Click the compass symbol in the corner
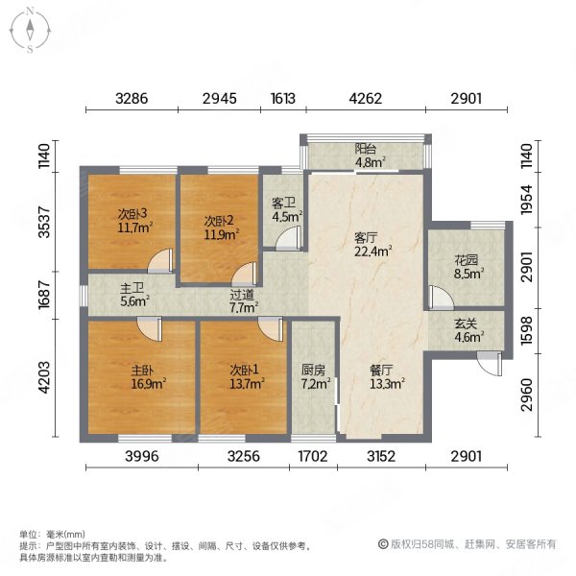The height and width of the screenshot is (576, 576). coord(31,29)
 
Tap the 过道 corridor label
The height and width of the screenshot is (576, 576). coord(243,296)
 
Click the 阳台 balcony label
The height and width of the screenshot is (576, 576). coord(365,149)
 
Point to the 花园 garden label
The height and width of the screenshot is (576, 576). coord(468,258)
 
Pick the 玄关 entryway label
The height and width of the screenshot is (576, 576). coord(468,324)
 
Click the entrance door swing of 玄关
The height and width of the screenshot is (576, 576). coord(492,363)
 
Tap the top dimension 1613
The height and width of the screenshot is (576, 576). coord(283,98)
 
